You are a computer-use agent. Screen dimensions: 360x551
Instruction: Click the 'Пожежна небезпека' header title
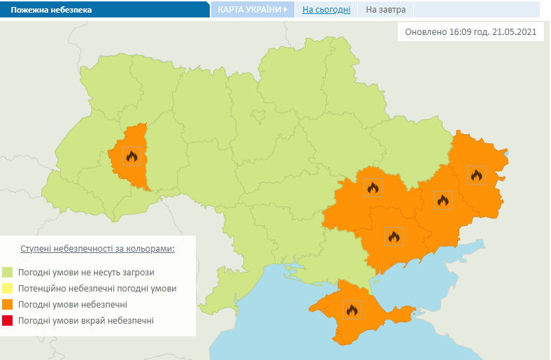(50, 10)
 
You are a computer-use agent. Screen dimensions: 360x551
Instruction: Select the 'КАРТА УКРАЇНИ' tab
(250, 10)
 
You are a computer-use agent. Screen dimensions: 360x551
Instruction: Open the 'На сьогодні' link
(327, 10)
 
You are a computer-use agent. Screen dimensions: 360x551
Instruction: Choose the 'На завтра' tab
(386, 10)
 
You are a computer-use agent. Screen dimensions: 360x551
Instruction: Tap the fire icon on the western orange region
(131, 156)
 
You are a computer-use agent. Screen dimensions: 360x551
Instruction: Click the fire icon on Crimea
(351, 309)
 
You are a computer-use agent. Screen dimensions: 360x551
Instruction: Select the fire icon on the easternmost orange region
(476, 175)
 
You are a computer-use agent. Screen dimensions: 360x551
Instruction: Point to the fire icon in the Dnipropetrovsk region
(373, 187)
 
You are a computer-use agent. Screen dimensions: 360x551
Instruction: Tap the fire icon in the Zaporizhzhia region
(393, 236)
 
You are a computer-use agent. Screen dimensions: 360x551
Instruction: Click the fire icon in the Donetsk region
(442, 201)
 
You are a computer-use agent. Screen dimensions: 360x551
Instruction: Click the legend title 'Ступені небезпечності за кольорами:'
(98, 249)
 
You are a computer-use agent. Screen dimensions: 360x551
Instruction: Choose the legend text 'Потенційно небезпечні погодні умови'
(98, 289)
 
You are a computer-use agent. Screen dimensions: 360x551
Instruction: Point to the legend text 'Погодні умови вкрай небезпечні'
(87, 321)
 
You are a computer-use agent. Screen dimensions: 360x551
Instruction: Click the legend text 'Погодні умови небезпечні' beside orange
(73, 305)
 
